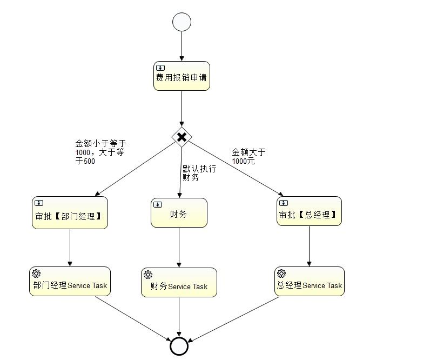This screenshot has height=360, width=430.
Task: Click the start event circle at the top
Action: [x=182, y=22]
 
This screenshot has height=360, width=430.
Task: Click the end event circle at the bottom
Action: [x=179, y=346]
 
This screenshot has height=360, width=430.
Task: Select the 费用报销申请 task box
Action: [x=182, y=76]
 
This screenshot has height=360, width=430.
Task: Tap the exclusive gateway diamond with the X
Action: [x=182, y=137]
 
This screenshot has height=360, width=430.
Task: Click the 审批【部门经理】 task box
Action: [x=70, y=212]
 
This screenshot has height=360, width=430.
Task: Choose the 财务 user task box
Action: [x=179, y=212]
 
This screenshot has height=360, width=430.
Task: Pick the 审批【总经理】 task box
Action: [x=309, y=211]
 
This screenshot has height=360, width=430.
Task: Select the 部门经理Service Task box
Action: [x=70, y=281]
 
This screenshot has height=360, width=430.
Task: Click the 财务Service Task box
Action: [x=179, y=282]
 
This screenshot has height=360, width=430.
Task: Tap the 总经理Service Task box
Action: [x=309, y=281]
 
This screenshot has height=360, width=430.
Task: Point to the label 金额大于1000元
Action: [x=248, y=157]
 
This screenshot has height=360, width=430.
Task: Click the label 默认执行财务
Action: [x=199, y=173]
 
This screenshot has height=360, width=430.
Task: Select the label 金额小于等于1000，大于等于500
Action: [x=100, y=152]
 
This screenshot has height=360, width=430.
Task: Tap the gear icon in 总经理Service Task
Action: [x=281, y=274]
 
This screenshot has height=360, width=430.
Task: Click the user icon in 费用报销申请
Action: [x=160, y=68]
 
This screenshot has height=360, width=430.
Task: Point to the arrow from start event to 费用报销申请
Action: [x=182, y=46]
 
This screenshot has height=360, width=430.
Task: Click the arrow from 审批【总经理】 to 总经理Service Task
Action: [x=309, y=246]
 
